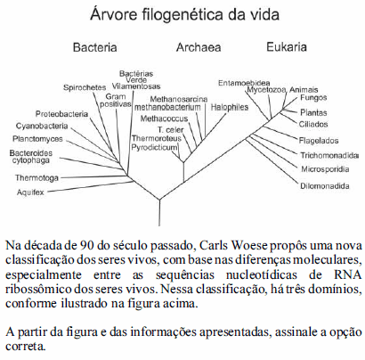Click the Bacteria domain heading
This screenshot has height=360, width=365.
(95, 47)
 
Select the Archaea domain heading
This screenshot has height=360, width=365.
(199, 47)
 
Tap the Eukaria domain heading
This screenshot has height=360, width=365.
(287, 47)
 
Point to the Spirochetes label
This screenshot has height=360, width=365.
(85, 87)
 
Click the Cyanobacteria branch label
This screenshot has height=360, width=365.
(42, 126)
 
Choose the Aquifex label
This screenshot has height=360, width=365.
(30, 192)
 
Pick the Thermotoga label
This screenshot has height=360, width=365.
(36, 178)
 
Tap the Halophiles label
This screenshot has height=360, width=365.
(230, 107)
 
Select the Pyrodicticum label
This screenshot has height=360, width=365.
(154, 147)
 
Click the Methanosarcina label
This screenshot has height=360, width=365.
(179, 99)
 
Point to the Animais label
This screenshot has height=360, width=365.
(304, 90)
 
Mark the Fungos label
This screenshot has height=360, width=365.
(313, 98)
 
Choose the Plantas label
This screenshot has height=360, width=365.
(313, 112)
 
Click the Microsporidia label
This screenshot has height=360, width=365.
(325, 169)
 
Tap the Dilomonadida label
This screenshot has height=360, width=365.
(325, 186)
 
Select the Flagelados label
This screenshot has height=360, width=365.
(319, 141)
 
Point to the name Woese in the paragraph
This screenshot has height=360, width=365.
(249, 246)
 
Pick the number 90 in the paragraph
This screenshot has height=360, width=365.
(87, 246)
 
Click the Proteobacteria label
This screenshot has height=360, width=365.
(61, 114)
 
